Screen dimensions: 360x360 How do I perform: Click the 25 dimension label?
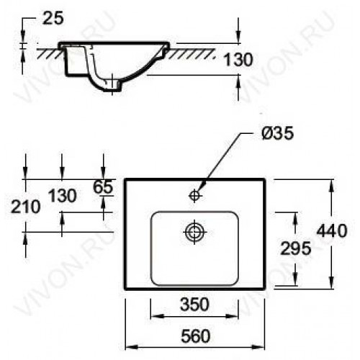point(53,18)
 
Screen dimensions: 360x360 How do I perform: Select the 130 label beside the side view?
point(238,60)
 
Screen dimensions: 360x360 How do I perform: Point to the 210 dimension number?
point(26,207)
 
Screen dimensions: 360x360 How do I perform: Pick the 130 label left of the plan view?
point(63,195)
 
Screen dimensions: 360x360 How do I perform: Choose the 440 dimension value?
point(332,230)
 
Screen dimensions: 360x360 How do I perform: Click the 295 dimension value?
point(296,248)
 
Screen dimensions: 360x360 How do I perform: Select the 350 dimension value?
point(194,305)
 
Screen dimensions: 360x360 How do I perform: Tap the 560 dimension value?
point(196,336)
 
